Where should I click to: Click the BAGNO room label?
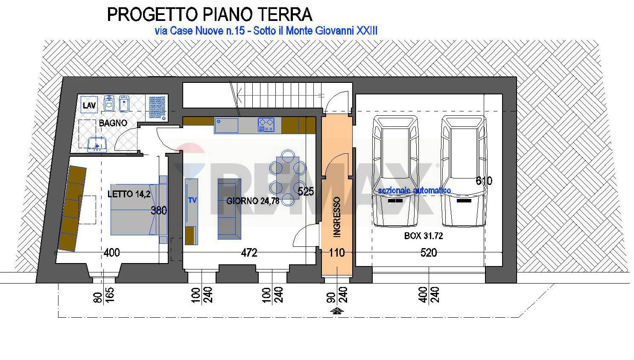113,123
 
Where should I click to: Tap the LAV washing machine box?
89,105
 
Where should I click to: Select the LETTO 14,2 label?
129,194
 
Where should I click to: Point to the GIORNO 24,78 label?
253,201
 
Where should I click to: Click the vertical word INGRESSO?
337,217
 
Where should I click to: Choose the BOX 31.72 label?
424,236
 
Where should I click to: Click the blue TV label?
193,200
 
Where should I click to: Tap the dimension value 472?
249,252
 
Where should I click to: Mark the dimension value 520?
429,252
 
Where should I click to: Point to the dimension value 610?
484,181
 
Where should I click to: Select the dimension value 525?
306,192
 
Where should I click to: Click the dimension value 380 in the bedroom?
159,211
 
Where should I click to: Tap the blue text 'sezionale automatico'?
415,190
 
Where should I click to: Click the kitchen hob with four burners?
266,125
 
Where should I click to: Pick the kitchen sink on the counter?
226,126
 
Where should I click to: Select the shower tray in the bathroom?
157,108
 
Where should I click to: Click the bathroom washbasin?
97,144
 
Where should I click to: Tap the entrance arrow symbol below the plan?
337,311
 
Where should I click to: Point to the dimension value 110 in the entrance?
337,252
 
